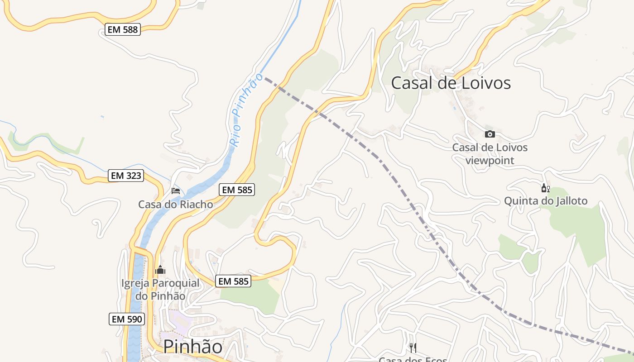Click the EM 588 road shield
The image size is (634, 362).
point(123,30)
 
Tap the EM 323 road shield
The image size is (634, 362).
point(126,176)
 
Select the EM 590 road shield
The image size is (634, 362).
point(127,319)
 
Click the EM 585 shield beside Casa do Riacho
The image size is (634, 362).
point(237,190)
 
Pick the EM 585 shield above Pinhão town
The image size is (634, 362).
point(233,281)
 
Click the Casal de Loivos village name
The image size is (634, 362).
point(451,83)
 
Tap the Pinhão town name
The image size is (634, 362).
point(193,346)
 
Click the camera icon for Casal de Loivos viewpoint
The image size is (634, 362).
point(490,134)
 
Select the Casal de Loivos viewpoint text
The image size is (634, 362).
point(490,154)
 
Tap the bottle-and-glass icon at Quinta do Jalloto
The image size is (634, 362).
point(545,188)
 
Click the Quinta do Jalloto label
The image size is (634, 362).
point(546,201)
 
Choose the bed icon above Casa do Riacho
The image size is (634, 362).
point(176,191)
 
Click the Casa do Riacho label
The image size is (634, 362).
point(176,204)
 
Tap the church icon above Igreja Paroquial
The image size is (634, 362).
point(160,270)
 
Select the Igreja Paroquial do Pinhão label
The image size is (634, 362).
point(160,290)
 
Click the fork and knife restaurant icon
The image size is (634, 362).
point(413,348)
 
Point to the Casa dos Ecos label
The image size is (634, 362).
point(413,359)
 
